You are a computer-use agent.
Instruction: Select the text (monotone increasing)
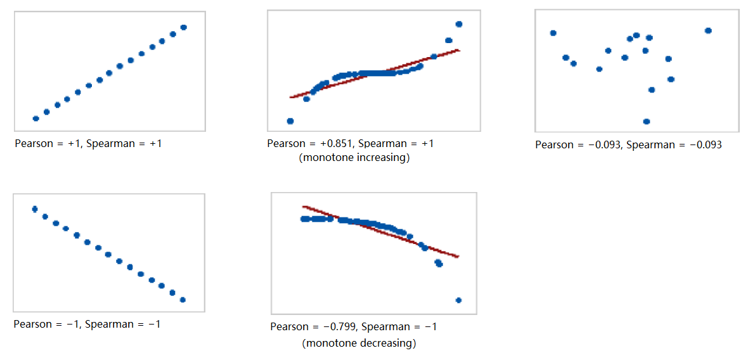(x=354, y=158)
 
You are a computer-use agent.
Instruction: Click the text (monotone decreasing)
(x=359, y=344)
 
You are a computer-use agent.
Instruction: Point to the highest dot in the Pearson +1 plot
(x=184, y=27)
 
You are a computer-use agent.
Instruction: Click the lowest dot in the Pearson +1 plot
(x=36, y=119)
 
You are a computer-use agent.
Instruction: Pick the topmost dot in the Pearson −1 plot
(x=35, y=209)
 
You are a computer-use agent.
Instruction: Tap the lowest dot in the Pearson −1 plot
(x=183, y=300)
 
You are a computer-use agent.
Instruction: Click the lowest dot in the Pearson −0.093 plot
(x=647, y=122)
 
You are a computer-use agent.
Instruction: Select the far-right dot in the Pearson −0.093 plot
(x=708, y=30)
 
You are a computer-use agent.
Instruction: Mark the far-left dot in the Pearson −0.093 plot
(x=553, y=33)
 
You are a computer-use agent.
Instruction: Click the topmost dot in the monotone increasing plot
(x=459, y=24)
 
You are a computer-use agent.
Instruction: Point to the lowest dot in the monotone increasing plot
(x=290, y=121)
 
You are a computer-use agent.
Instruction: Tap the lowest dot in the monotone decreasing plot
(x=458, y=300)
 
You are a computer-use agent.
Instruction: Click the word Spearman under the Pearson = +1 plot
(x=110, y=144)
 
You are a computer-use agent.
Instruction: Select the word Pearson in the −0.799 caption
(x=290, y=327)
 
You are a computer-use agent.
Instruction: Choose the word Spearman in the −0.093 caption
(x=650, y=145)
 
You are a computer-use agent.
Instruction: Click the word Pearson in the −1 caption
(x=33, y=325)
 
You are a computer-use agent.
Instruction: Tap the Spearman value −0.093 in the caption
(x=700, y=145)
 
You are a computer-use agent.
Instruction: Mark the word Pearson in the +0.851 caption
(x=287, y=144)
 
